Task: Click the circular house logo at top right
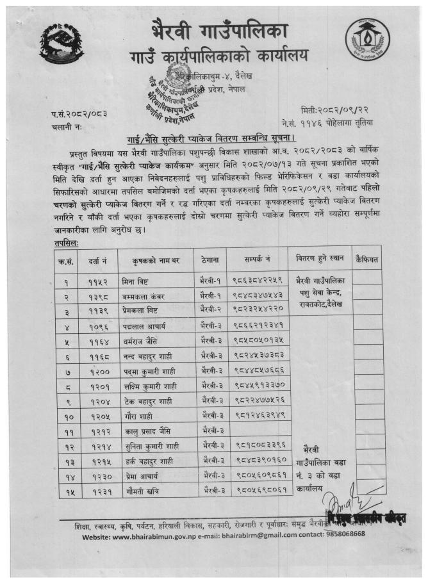366,42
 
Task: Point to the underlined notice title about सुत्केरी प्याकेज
213,138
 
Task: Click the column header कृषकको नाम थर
154,258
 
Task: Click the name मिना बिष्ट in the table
136,280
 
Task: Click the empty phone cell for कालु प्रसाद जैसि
256,430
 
